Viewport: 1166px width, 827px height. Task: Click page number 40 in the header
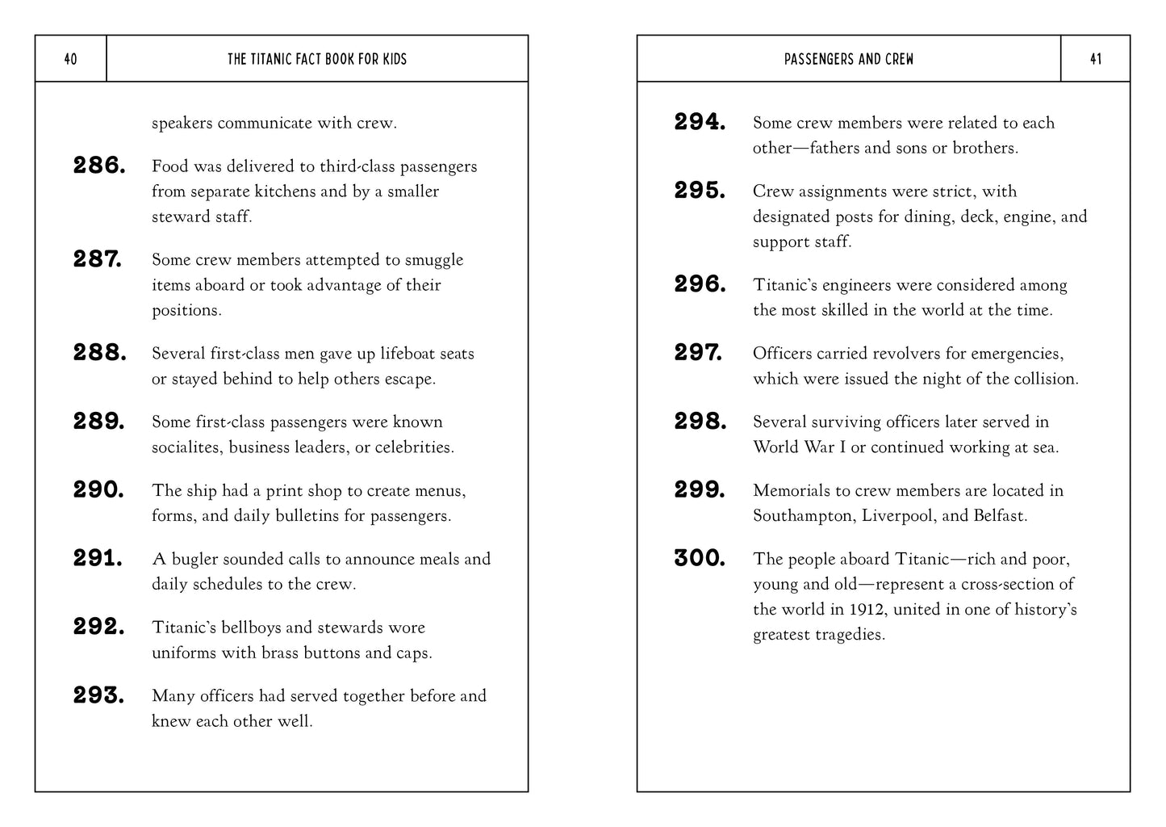(70, 59)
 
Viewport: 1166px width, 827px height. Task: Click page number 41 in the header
(1095, 59)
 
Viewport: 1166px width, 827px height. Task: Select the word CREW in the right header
(900, 59)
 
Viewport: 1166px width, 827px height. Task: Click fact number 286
(99, 166)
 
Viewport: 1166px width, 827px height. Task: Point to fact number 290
(99, 489)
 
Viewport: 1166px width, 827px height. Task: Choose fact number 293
(99, 695)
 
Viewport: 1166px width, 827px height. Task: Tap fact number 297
(699, 353)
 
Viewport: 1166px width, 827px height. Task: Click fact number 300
(700, 558)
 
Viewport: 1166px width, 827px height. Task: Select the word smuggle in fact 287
(434, 260)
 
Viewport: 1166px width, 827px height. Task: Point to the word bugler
(194, 559)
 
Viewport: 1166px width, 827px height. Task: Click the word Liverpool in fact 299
(895, 516)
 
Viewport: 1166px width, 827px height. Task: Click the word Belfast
(999, 516)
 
